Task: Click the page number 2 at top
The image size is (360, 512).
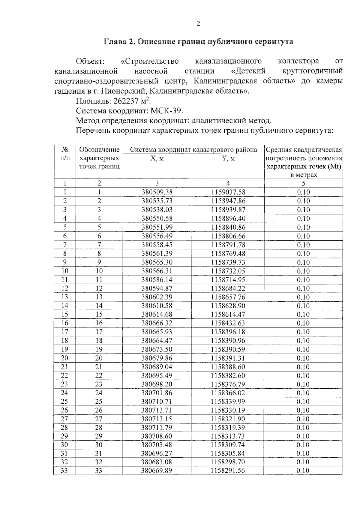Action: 198,24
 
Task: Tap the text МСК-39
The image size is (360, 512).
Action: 166,111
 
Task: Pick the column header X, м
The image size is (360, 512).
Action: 157,158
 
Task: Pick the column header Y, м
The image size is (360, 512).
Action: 228,158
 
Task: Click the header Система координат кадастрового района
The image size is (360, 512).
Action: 193,150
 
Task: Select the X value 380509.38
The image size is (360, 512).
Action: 157,192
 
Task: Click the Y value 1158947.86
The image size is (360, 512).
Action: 228,201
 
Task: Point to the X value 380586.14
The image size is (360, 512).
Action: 157,280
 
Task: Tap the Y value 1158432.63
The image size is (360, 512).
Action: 228,323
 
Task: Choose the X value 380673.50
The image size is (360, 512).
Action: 157,349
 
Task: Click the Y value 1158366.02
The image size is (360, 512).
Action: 228,393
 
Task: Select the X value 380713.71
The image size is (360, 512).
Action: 157,410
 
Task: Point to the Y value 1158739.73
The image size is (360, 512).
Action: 228,262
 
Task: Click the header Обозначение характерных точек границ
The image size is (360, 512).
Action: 99,158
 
